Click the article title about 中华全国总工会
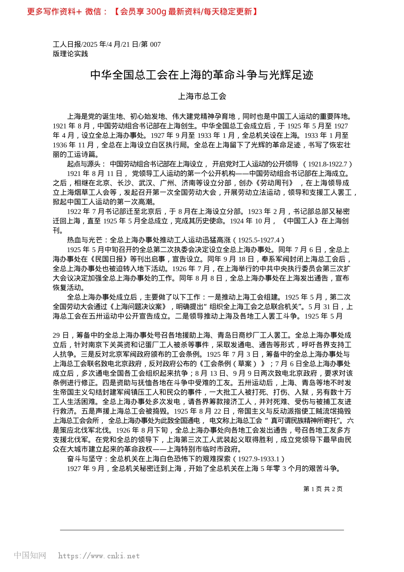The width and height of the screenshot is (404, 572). tap(202, 75)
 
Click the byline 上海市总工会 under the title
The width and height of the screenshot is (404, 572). tap(202, 97)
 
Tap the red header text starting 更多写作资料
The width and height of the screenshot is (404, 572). tap(142, 11)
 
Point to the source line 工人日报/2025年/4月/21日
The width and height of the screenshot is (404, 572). tap(107, 44)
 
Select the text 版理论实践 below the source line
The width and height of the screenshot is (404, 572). tap(70, 54)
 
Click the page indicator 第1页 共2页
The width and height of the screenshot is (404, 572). tap(323, 489)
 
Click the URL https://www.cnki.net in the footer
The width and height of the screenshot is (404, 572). tap(99, 556)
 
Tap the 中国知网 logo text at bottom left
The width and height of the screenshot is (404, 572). tap(30, 555)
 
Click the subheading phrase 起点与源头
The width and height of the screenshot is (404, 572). tap(84, 164)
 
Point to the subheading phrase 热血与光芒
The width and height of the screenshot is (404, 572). tap(84, 240)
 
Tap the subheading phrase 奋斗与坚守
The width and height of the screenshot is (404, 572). tap(84, 459)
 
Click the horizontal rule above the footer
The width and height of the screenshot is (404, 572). tap(202, 530)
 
